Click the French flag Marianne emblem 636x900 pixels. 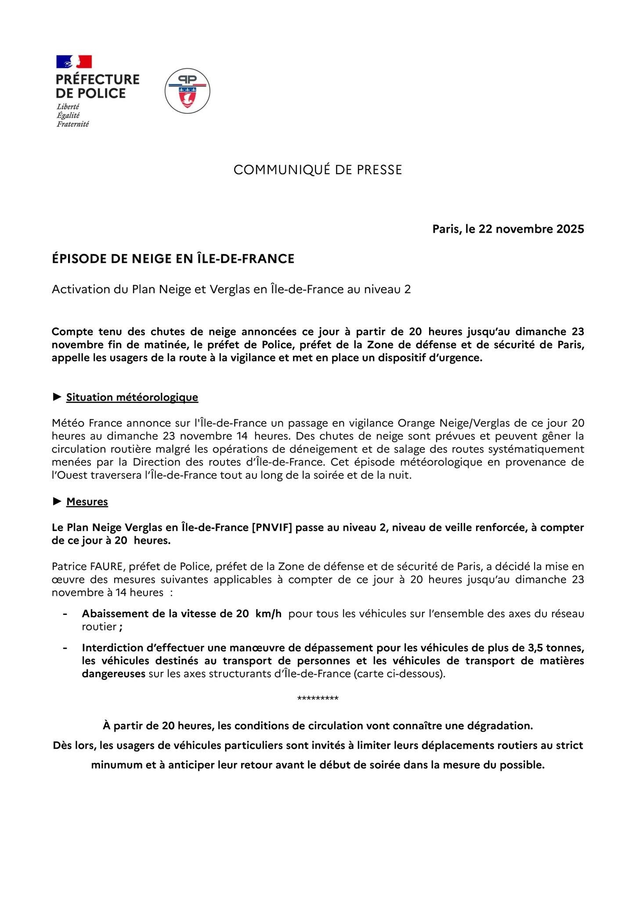pos(74,62)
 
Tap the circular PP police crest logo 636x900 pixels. pos(187,91)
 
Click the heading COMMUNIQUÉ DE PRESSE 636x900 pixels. pos(318,170)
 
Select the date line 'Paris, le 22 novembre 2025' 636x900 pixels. pos(508,229)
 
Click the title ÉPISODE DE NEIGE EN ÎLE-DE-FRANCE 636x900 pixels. pos(173,259)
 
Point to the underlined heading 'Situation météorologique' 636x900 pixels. pos(132,397)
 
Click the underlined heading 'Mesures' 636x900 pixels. pos(87,501)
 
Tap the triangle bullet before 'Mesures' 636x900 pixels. pos(57,501)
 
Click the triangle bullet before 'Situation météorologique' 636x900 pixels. pos(57,397)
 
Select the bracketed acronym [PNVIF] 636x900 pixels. pos(272,527)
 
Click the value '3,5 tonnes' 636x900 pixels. pos(555,648)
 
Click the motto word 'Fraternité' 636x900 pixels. pos(72,124)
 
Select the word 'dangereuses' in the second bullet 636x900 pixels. pos(113,674)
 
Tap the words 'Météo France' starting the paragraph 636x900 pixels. pos(86,423)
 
